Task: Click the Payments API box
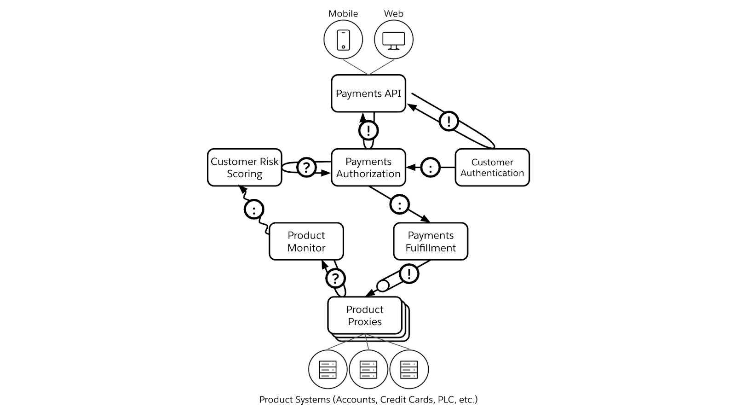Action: pyautogui.click(x=368, y=93)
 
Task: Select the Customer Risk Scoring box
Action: pyautogui.click(x=244, y=168)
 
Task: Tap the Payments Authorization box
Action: pyautogui.click(x=368, y=168)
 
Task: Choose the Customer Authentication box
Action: pyautogui.click(x=492, y=168)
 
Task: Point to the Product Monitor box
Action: pyautogui.click(x=306, y=242)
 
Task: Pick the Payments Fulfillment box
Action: pyautogui.click(x=431, y=242)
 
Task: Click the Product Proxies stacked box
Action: pyautogui.click(x=365, y=316)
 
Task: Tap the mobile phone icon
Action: pyautogui.click(x=343, y=40)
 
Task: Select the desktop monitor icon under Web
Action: pyautogui.click(x=394, y=40)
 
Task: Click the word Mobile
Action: pyautogui.click(x=343, y=14)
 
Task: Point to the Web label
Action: pyautogui.click(x=394, y=14)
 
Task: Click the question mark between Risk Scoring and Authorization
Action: pyautogui.click(x=306, y=167)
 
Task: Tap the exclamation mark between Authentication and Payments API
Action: pyautogui.click(x=448, y=122)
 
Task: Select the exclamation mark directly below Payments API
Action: pyautogui.click(x=368, y=130)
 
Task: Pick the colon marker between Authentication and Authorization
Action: pyautogui.click(x=431, y=168)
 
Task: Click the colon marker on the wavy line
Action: pyautogui.click(x=254, y=209)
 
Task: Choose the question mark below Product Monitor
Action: pyautogui.click(x=335, y=278)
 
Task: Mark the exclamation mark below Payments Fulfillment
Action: pyautogui.click(x=409, y=274)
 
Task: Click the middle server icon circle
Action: pyautogui.click(x=368, y=369)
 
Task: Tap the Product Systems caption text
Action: pyautogui.click(x=368, y=400)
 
